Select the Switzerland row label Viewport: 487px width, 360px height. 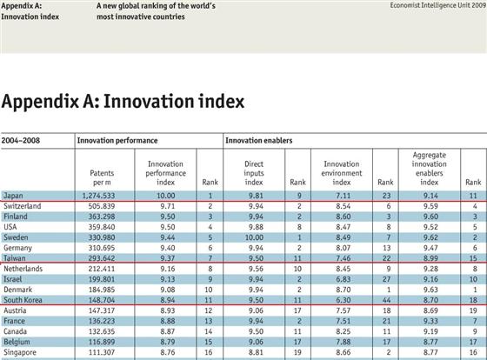point(23,206)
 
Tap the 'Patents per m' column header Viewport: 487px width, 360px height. point(102,177)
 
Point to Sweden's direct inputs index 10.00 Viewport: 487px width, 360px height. point(254,237)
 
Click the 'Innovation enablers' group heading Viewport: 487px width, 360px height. point(259,140)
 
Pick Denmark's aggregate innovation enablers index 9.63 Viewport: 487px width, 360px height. point(430,290)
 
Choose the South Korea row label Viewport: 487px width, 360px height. point(23,300)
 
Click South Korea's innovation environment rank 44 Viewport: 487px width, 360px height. point(386,300)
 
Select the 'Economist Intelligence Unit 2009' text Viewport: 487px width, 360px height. point(438,5)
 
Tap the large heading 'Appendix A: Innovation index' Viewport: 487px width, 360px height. point(123,102)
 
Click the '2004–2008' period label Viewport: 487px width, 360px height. point(21,140)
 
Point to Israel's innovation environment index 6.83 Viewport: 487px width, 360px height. point(344,279)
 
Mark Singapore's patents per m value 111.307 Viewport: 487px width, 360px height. point(102,352)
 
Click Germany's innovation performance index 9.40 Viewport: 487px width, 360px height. point(168,248)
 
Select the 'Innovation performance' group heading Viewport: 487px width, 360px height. point(117,140)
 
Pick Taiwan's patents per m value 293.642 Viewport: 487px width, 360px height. point(102,258)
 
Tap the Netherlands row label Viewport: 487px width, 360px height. point(23,269)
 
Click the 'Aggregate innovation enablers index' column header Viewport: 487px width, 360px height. point(430,169)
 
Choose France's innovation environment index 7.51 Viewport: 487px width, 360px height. point(344,321)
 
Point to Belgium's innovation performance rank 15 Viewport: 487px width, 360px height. point(209,342)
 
